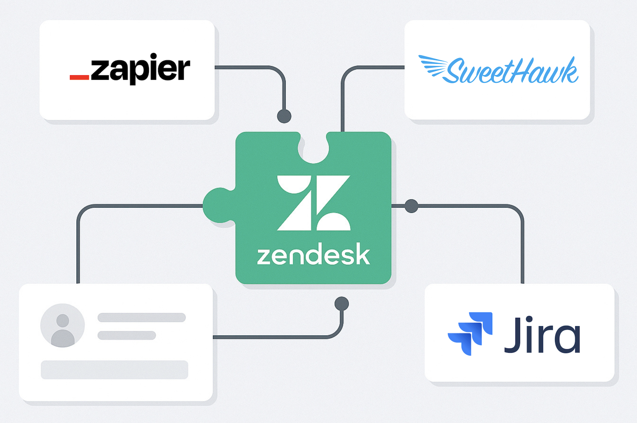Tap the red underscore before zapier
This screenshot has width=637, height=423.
pyautogui.click(x=79, y=77)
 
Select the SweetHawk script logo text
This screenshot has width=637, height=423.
pyautogui.click(x=512, y=71)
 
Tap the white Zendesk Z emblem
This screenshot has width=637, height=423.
pyautogui.click(x=313, y=202)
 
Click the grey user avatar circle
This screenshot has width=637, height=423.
pyautogui.click(x=63, y=325)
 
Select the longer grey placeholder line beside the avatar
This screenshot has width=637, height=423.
pyautogui.click(x=141, y=317)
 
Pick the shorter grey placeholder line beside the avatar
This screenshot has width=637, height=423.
pyautogui.click(x=127, y=335)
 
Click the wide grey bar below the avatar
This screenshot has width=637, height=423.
pyautogui.click(x=115, y=370)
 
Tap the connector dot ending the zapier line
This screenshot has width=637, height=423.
pyautogui.click(x=284, y=116)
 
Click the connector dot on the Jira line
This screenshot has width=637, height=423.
pyautogui.click(x=411, y=206)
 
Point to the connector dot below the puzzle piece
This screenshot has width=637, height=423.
pyautogui.click(x=341, y=304)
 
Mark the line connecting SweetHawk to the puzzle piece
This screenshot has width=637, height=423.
pyautogui.click(x=343, y=98)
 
